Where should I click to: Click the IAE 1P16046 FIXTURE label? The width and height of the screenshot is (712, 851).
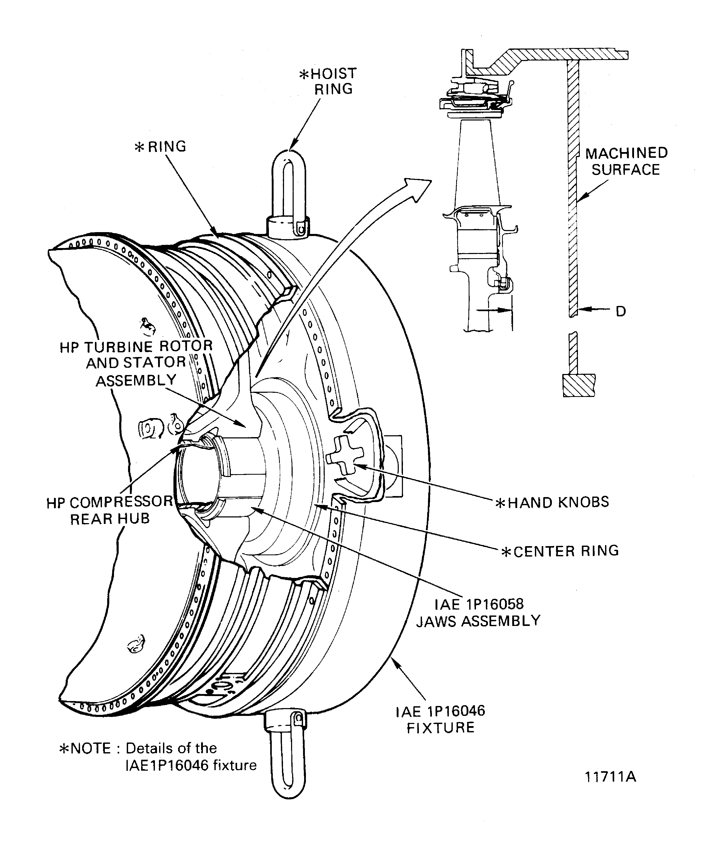pos(441,719)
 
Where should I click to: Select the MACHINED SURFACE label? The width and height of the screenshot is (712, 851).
pos(626,161)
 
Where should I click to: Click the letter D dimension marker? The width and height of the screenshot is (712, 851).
pos(620,311)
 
